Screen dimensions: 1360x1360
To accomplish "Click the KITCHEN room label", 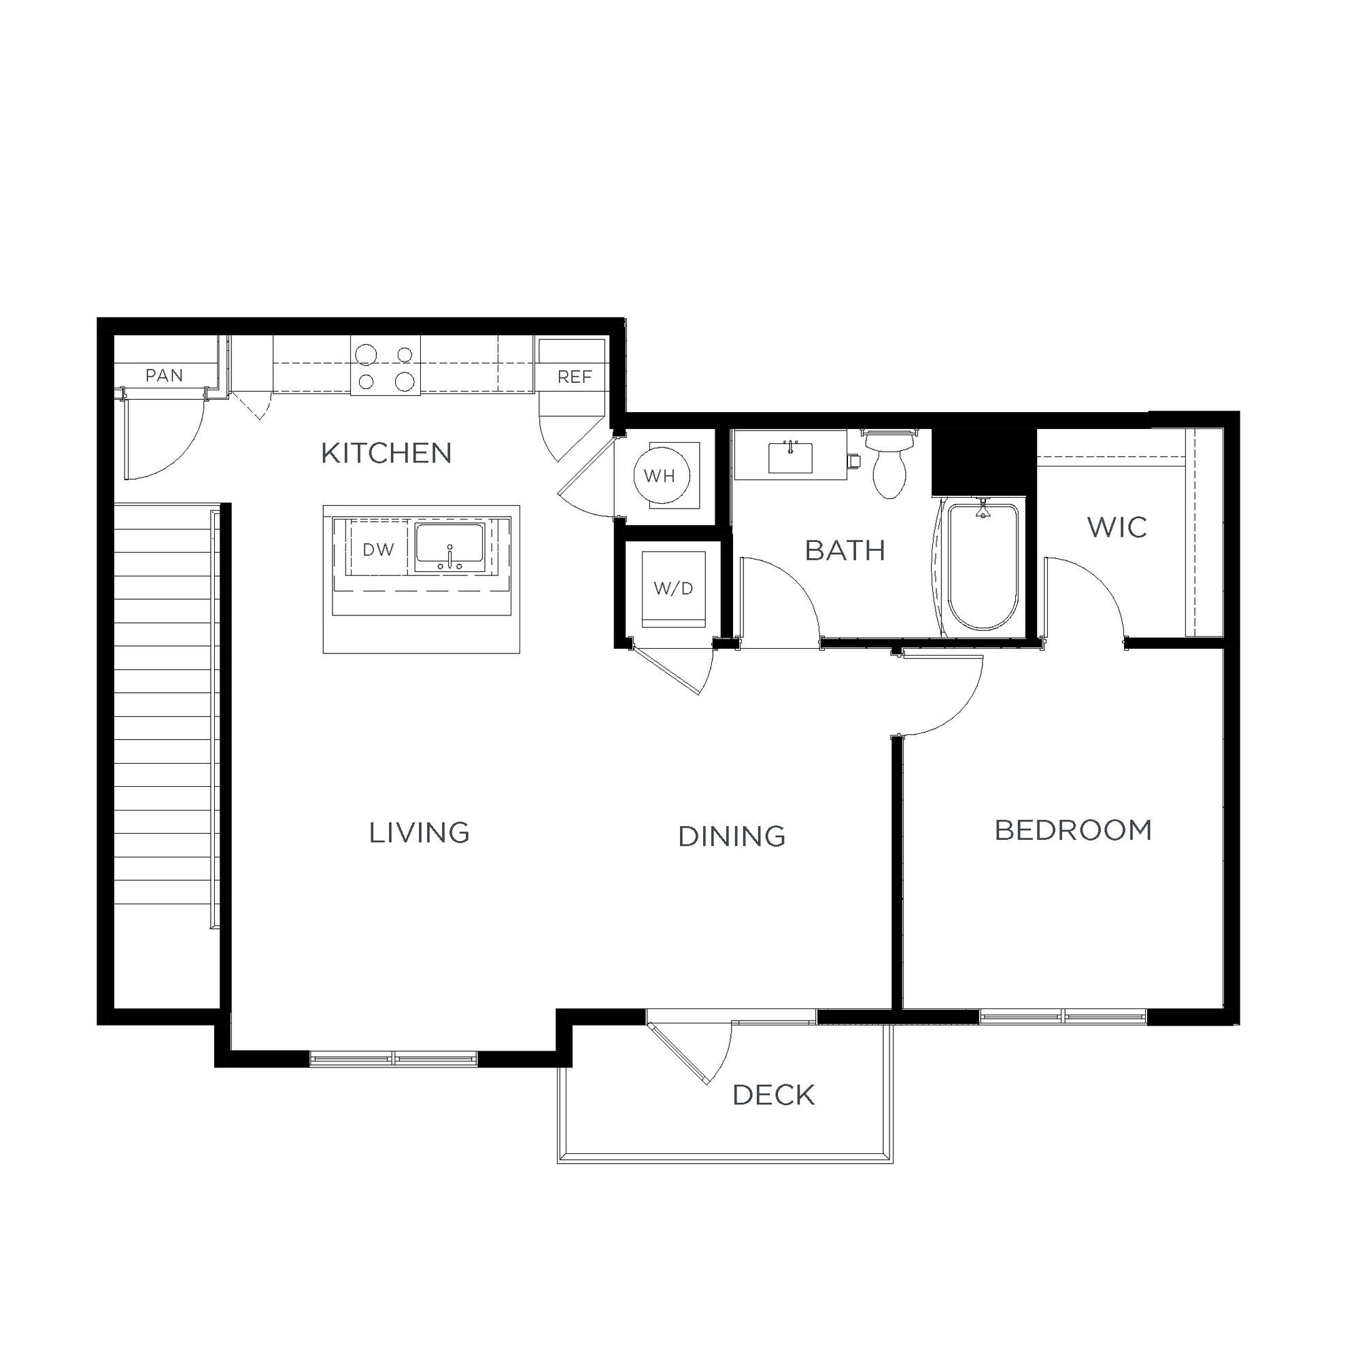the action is coord(386,454).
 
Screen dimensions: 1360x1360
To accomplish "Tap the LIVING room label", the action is coord(420,834).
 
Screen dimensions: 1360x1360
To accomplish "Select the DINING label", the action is coord(732,837).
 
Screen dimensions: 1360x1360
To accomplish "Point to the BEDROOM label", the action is coord(1073,832).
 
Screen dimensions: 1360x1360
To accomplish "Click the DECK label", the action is coord(774,1095).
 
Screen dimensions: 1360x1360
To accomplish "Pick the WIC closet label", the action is coord(1117,527).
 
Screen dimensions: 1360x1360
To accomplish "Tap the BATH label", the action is coord(845,551).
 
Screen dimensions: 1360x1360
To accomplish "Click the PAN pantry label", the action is coord(164,376).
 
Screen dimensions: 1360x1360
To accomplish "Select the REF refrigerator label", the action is coord(575,377).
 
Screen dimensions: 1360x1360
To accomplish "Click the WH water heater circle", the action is coord(661,477).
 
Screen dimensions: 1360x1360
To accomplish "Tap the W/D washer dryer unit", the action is coord(674,588).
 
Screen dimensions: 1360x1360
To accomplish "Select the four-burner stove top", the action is coord(386,365).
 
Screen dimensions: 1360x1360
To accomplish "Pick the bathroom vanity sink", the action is coord(789,458).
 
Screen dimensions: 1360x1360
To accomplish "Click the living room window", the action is coord(394,1058).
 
